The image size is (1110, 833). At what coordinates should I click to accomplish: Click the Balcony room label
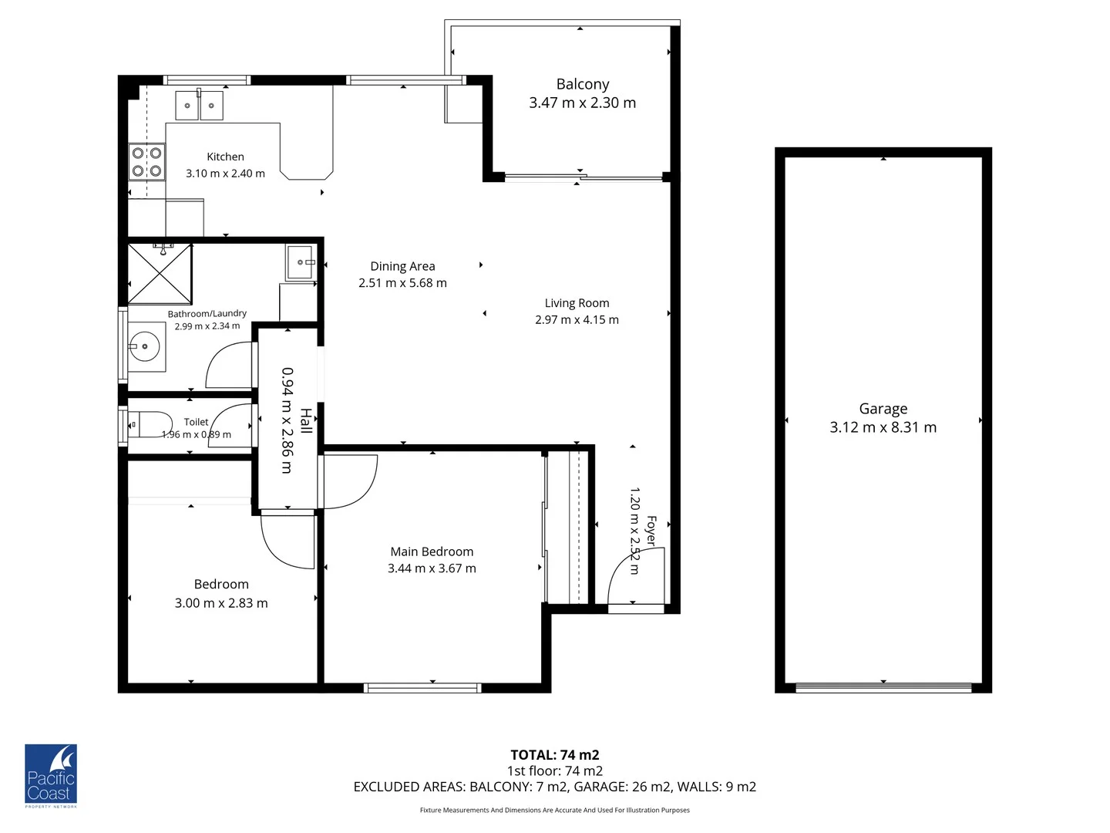582,84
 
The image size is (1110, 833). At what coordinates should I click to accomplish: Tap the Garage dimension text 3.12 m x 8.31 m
883,427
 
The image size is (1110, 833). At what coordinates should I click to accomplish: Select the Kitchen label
225,157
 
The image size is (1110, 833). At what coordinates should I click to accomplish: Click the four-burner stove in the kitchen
146,162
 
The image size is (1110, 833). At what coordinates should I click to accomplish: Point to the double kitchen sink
199,105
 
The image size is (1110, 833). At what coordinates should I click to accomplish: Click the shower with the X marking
159,274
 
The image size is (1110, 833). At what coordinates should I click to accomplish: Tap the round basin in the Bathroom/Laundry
143,347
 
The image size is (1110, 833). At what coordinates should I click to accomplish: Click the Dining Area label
402,266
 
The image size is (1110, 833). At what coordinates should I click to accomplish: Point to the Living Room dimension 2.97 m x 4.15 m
577,319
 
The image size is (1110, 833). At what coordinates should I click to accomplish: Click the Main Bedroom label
432,551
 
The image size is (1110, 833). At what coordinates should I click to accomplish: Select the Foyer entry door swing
634,578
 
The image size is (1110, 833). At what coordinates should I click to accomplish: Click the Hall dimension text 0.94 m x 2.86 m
287,420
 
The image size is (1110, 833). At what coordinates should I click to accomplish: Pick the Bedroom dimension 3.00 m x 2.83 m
221,603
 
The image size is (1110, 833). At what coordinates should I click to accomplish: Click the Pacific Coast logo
51,776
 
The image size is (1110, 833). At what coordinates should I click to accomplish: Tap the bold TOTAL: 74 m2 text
554,755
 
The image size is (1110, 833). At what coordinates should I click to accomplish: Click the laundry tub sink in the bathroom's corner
300,262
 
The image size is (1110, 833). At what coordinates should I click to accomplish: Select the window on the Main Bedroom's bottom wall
422,688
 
